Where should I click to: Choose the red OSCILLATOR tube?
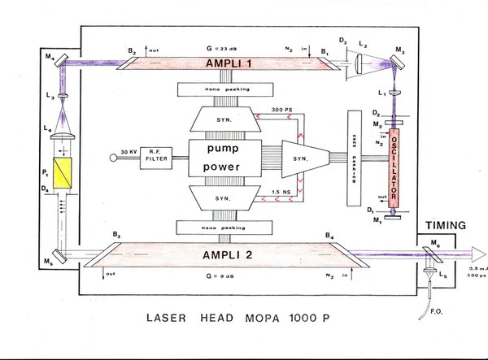[x=396, y=167]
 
